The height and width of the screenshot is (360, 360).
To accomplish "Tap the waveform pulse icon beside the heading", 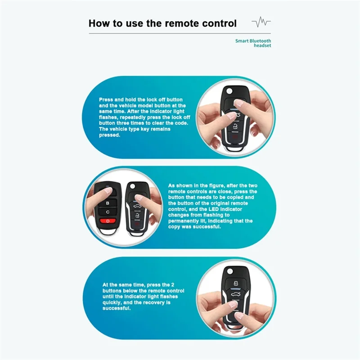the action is [x=261, y=22].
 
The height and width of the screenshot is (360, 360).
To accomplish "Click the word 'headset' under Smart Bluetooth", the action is [x=262, y=45].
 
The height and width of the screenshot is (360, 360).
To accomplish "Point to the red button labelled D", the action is [x=108, y=221].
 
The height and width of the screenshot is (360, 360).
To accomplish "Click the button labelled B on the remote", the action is [x=108, y=203].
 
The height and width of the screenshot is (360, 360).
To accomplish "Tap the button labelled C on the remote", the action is [x=108, y=212].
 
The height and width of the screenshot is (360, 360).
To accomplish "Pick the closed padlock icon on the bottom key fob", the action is [x=236, y=283].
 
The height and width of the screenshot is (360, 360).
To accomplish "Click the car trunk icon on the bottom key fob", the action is [x=236, y=294].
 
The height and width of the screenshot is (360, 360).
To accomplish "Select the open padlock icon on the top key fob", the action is [x=235, y=126].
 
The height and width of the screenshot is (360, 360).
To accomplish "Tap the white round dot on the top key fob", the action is [x=229, y=91].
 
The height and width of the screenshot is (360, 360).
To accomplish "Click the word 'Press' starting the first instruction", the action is [x=106, y=99].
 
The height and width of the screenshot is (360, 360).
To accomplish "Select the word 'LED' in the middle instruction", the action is [x=213, y=209].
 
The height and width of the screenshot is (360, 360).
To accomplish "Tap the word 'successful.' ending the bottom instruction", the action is [x=117, y=308].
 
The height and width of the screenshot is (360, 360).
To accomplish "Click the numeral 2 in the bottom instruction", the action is [x=173, y=285].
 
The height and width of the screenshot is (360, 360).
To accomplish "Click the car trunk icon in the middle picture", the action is [x=137, y=206].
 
